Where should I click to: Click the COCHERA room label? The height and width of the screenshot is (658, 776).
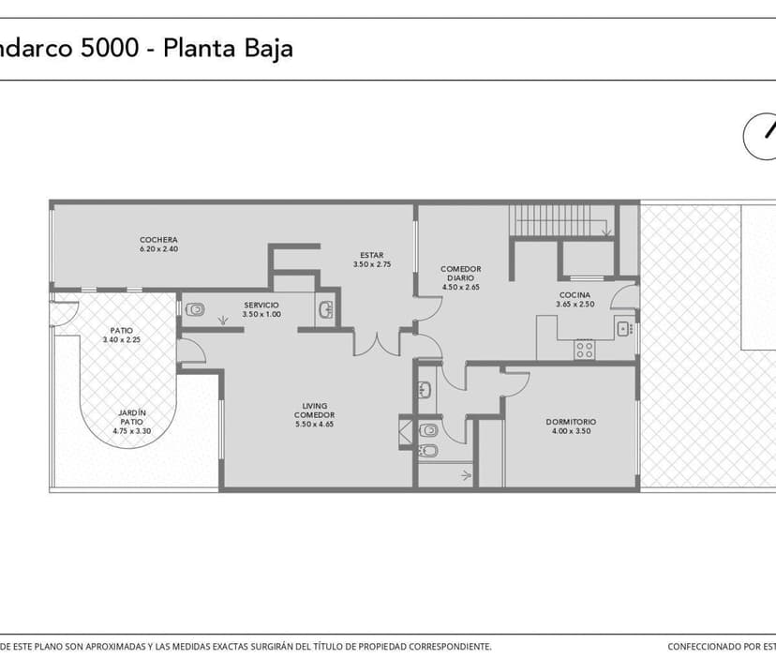tap(158, 240)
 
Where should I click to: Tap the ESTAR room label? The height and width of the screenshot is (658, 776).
tap(371, 256)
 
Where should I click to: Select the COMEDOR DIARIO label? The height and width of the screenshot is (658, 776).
tap(460, 274)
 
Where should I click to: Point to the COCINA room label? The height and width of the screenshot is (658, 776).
tap(575, 295)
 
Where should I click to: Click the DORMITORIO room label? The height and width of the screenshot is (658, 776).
tap(571, 422)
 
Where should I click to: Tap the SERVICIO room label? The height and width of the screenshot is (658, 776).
tap(261, 305)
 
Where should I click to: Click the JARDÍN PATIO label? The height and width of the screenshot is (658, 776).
tap(131, 417)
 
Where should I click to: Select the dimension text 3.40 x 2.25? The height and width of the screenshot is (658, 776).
tap(121, 339)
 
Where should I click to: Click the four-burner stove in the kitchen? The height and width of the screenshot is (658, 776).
tap(585, 350)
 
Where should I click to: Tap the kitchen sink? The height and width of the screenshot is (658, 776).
tap(622, 327)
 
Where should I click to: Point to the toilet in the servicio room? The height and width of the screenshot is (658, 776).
tap(195, 309)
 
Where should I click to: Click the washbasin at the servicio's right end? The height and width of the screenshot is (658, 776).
tap(325, 310)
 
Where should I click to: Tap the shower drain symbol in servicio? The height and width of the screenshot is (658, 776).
tap(223, 322)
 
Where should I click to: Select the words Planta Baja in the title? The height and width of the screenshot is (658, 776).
tap(228, 49)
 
